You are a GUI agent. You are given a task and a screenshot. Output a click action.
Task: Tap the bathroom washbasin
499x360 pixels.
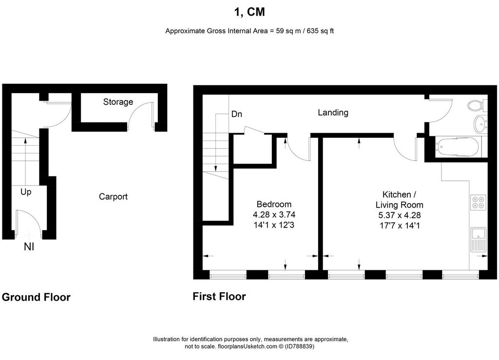pyautogui.click(x=480, y=124)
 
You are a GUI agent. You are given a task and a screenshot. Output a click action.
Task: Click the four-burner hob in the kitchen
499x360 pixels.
pyautogui.click(x=479, y=202)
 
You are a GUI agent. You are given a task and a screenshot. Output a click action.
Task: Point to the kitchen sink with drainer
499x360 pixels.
pyautogui.click(x=479, y=240)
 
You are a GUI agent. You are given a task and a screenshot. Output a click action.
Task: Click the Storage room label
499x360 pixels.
pyautogui.click(x=118, y=102)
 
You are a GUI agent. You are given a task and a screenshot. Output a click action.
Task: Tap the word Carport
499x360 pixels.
pyautogui.click(x=113, y=196)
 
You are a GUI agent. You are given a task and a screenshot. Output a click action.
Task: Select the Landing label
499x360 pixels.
pyautogui.click(x=333, y=112)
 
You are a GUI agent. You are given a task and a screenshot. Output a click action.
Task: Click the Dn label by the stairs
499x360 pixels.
pyautogui.click(x=236, y=114)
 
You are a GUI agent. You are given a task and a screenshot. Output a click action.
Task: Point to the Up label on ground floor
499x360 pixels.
pyautogui.click(x=26, y=192)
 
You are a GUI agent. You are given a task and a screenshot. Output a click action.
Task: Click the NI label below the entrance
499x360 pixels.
pyautogui.click(x=29, y=247)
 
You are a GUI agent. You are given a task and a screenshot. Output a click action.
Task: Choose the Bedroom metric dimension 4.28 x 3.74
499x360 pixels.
pyautogui.click(x=274, y=215)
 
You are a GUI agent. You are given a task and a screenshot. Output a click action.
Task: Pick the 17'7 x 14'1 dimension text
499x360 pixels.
pyautogui.click(x=400, y=226)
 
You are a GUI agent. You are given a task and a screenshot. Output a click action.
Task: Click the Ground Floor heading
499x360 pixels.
pyautogui.click(x=36, y=297)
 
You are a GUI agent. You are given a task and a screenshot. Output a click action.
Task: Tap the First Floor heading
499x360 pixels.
pyautogui.click(x=219, y=296)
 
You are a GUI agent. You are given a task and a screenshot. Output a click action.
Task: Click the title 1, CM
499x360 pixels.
pyautogui.click(x=249, y=12)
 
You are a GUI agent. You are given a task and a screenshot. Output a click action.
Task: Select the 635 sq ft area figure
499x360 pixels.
pyautogui.click(x=320, y=31)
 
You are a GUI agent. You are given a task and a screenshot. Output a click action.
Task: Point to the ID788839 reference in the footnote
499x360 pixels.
pyautogui.click(x=299, y=346)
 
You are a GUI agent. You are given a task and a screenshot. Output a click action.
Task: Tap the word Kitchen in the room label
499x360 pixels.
pyautogui.click(x=397, y=194)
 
